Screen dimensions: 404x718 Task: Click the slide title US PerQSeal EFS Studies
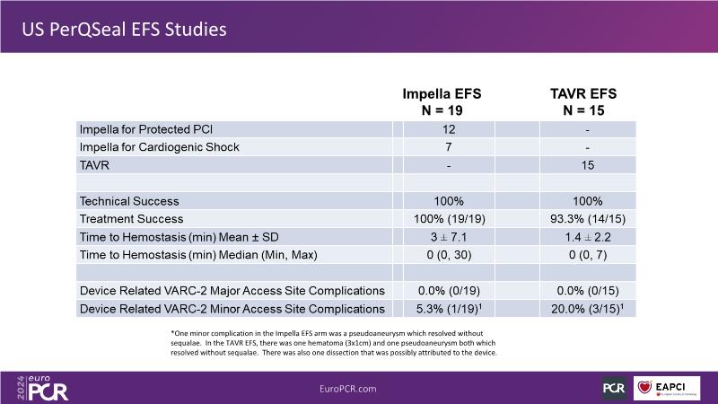click(x=124, y=29)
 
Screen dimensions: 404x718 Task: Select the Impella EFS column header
click(x=446, y=101)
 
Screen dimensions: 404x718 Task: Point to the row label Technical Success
click(x=129, y=201)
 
